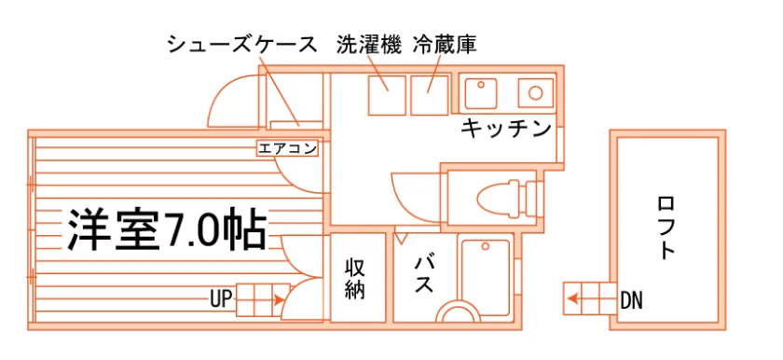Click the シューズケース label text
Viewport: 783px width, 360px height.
(x=241, y=45)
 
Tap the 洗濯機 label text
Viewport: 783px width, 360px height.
(x=368, y=45)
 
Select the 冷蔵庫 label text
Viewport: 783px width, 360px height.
(x=445, y=45)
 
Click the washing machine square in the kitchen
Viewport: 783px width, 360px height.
(x=387, y=95)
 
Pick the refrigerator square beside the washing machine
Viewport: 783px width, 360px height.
(x=430, y=95)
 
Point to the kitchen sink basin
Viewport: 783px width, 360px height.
(x=481, y=93)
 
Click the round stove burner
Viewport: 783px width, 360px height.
(x=536, y=93)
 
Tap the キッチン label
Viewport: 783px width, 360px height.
(x=505, y=129)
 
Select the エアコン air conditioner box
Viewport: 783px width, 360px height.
(x=287, y=149)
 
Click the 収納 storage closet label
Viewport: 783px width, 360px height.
(x=355, y=279)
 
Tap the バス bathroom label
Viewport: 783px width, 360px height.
(x=423, y=274)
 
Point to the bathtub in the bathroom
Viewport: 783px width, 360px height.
(x=485, y=277)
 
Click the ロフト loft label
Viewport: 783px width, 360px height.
(x=668, y=228)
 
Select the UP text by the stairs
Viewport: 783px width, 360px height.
(x=221, y=299)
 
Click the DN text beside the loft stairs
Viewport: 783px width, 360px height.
(x=631, y=301)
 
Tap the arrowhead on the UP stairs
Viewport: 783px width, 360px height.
(x=279, y=300)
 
